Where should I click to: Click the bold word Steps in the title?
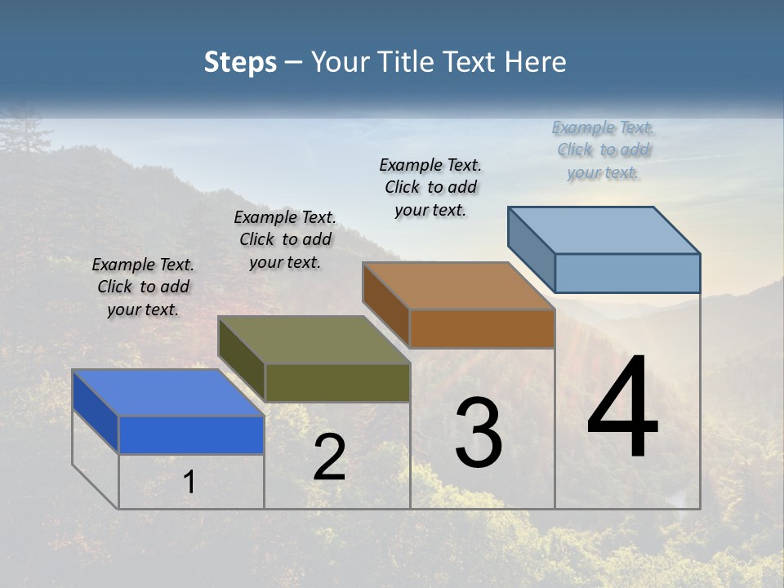tap(240, 62)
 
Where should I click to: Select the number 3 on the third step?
tap(479, 433)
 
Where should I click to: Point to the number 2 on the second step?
tap(329, 457)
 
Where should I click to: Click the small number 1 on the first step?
tap(189, 482)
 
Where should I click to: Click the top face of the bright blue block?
tap(167, 393)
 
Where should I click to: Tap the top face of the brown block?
tap(457, 286)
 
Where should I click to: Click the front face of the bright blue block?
tap(191, 434)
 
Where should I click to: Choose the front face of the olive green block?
tap(336, 382)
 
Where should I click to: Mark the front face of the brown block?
tap(482, 328)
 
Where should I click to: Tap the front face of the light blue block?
tap(627, 273)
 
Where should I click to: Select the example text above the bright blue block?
tap(143, 287)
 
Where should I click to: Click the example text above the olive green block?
tap(285, 239)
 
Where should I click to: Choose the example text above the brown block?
tap(430, 187)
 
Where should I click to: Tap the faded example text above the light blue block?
tap(603, 149)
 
